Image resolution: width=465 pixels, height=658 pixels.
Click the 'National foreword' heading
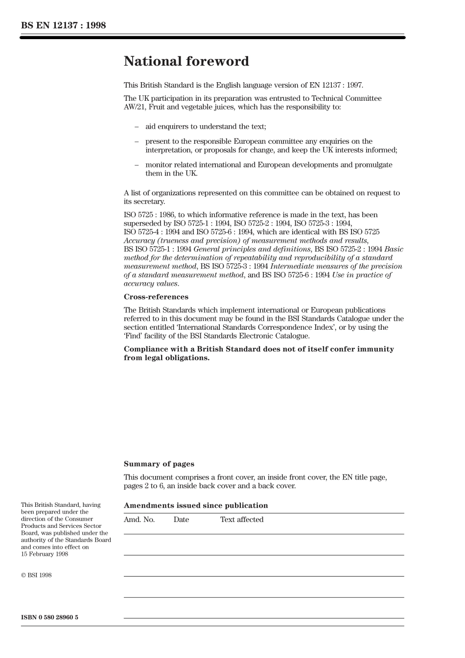(x=186, y=62)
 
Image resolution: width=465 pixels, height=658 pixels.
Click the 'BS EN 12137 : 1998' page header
(x=64, y=25)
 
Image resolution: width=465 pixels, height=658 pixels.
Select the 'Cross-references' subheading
(x=156, y=297)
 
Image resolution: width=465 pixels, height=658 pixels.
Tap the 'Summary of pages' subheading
(x=159, y=464)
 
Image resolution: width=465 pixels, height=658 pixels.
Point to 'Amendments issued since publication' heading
(x=196, y=505)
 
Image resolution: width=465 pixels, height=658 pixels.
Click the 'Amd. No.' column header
(x=139, y=520)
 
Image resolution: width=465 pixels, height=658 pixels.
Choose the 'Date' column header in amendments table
(x=181, y=520)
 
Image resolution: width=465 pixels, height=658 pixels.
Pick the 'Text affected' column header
(x=242, y=520)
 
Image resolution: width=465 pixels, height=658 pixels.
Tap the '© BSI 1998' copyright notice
(x=36, y=575)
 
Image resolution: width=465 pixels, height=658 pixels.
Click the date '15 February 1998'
(x=45, y=554)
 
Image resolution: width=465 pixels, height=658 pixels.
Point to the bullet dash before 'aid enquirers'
(x=137, y=127)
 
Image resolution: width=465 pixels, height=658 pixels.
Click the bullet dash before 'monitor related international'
(x=137, y=165)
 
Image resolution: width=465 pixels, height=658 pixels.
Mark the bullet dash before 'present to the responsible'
(x=137, y=141)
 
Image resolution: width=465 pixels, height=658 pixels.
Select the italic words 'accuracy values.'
(x=151, y=284)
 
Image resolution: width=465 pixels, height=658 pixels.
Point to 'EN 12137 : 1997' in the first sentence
(x=337, y=85)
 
